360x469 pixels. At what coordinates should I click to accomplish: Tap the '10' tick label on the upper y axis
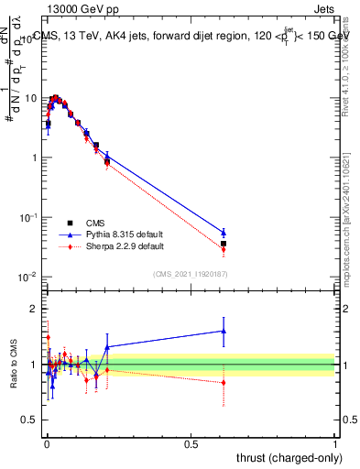click(x=30, y=98)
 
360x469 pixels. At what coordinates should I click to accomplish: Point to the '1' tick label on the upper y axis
click(x=33, y=158)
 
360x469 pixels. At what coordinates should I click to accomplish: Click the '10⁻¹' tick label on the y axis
click(x=27, y=217)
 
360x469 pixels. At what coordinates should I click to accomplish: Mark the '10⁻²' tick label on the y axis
click(x=27, y=277)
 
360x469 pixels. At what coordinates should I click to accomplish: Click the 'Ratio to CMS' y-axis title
click(x=13, y=365)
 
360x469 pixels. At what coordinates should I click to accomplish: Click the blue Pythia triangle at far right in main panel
click(x=224, y=233)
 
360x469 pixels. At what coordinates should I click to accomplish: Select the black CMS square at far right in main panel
click(x=224, y=244)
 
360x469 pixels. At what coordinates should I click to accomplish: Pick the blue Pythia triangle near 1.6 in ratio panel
click(x=224, y=331)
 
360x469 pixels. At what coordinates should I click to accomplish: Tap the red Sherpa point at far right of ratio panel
click(x=224, y=382)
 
